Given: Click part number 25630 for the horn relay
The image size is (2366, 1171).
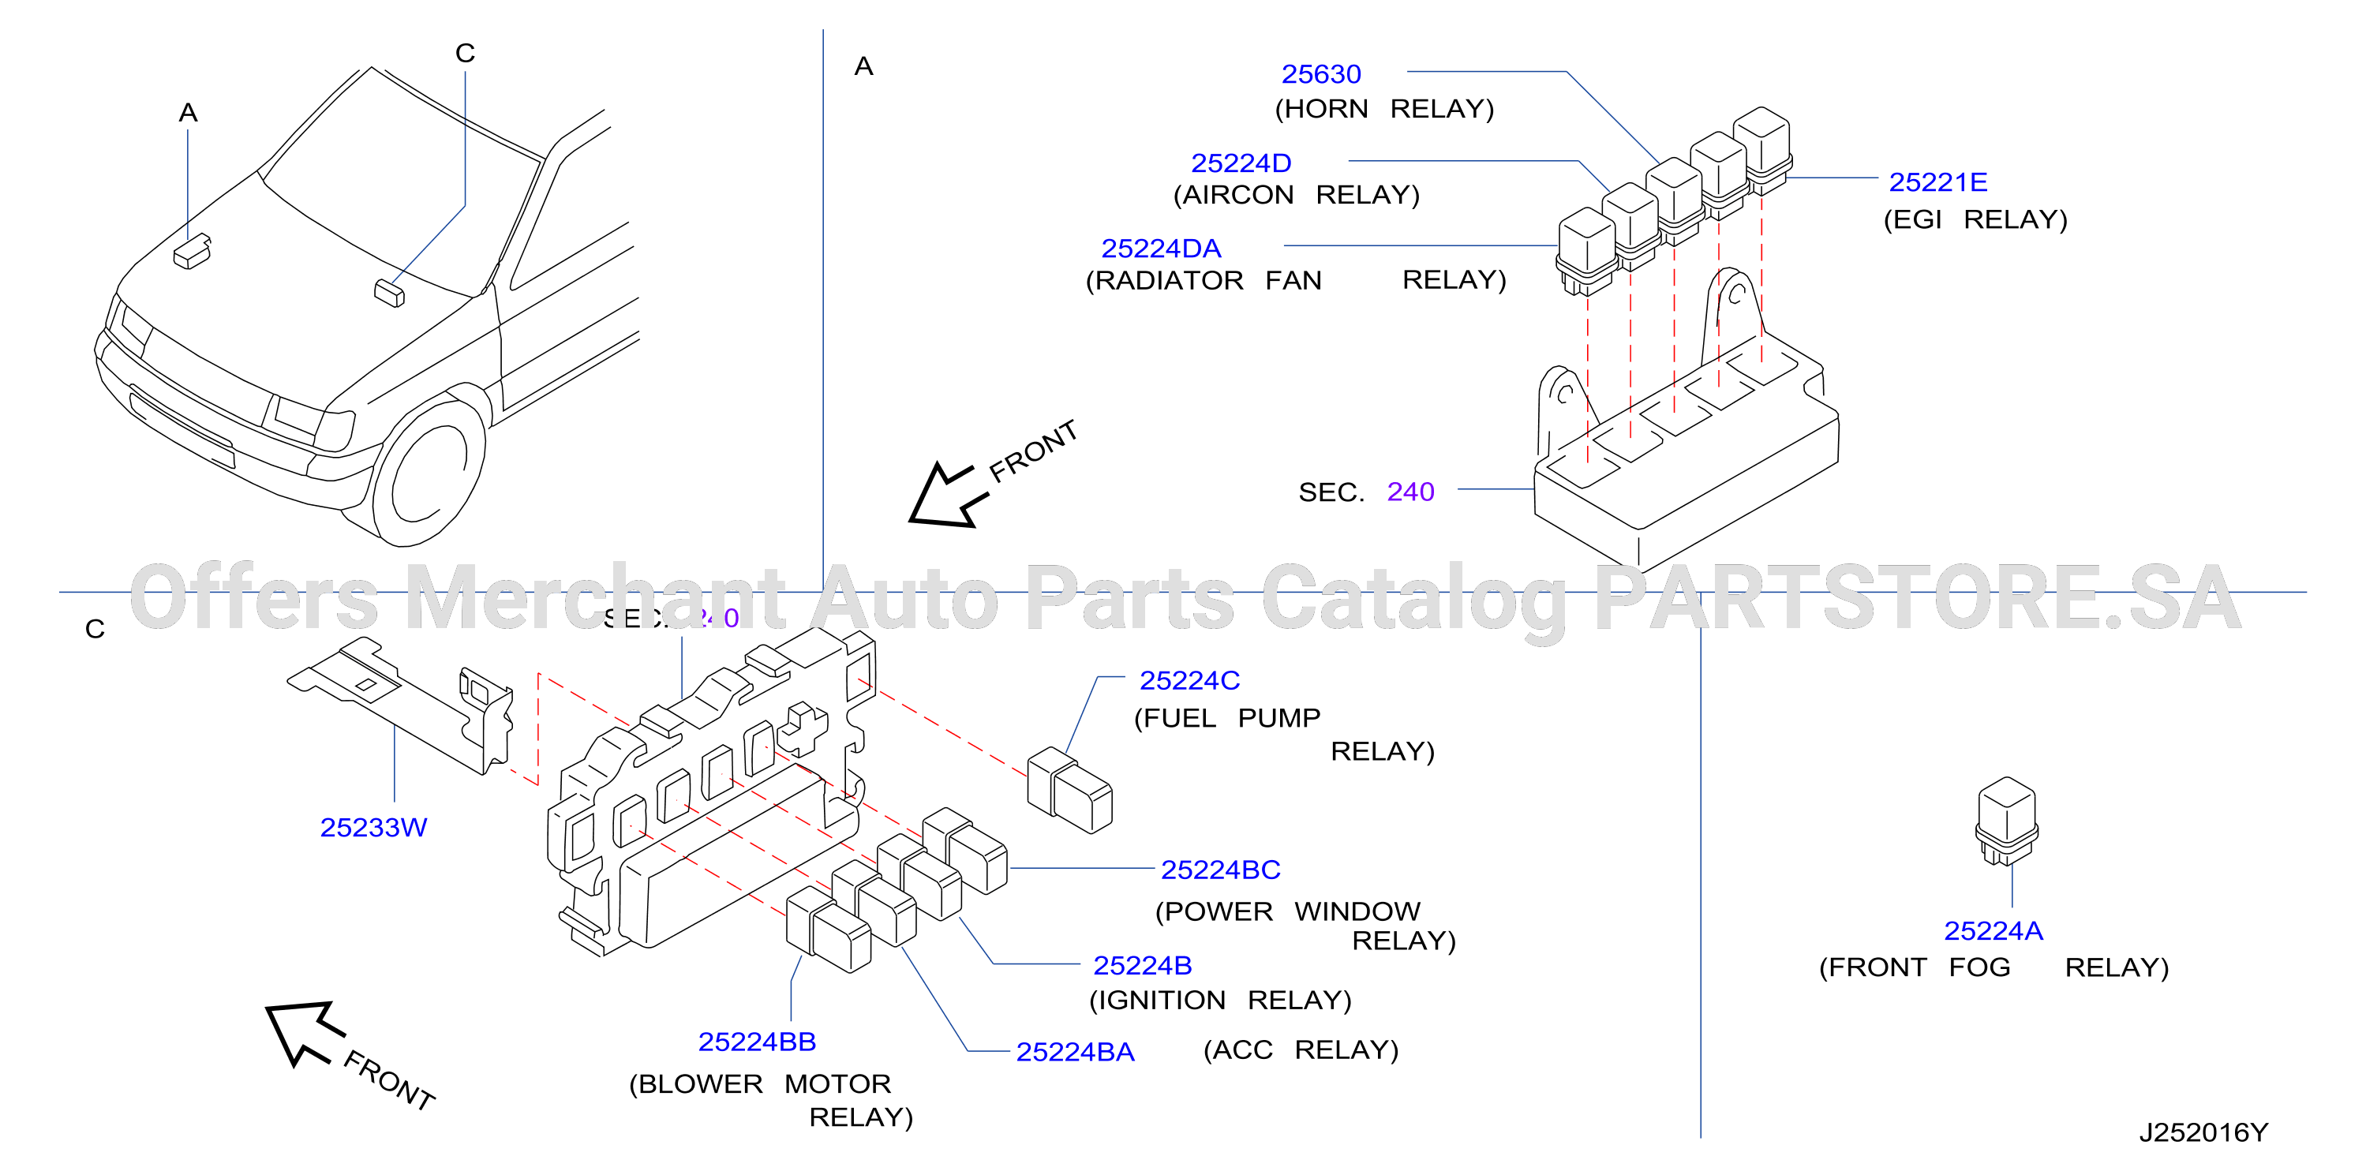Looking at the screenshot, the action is (1321, 74).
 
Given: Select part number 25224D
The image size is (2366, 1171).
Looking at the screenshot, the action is (1241, 163).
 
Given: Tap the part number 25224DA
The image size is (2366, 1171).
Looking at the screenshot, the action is (1161, 249).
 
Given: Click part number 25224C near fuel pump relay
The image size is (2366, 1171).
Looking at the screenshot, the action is (1189, 680).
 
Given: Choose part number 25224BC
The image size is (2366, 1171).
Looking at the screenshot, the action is (1221, 870).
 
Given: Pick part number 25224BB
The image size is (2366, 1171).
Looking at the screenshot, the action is (757, 1042).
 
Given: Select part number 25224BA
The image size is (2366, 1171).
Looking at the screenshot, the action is (1075, 1053).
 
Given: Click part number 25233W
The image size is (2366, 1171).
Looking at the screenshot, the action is (374, 828).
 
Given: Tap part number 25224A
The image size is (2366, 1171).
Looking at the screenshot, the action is (1993, 931).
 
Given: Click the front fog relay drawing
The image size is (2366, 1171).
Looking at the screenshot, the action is (2007, 821).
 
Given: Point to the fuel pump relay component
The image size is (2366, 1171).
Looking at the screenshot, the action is (1069, 790).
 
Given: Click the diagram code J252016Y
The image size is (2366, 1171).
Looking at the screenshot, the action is (2203, 1132).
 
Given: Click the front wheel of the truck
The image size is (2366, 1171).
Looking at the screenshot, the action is (429, 473).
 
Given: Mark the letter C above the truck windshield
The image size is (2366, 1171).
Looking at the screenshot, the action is (465, 54).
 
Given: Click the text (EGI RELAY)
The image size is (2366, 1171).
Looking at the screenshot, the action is (1975, 219).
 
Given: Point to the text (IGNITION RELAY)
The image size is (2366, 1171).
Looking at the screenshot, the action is (1220, 1001).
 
